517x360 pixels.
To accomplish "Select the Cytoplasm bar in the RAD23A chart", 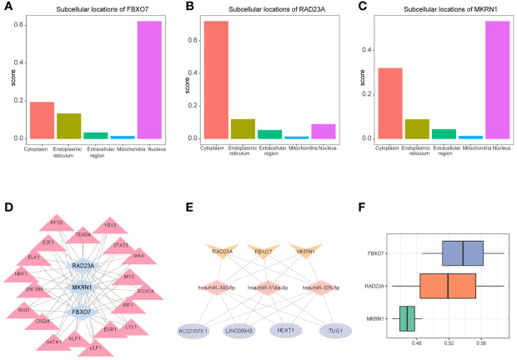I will click(x=216, y=79).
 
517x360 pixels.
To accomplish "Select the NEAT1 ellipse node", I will click(x=290, y=330).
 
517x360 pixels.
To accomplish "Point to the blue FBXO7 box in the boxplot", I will click(x=463, y=252).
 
